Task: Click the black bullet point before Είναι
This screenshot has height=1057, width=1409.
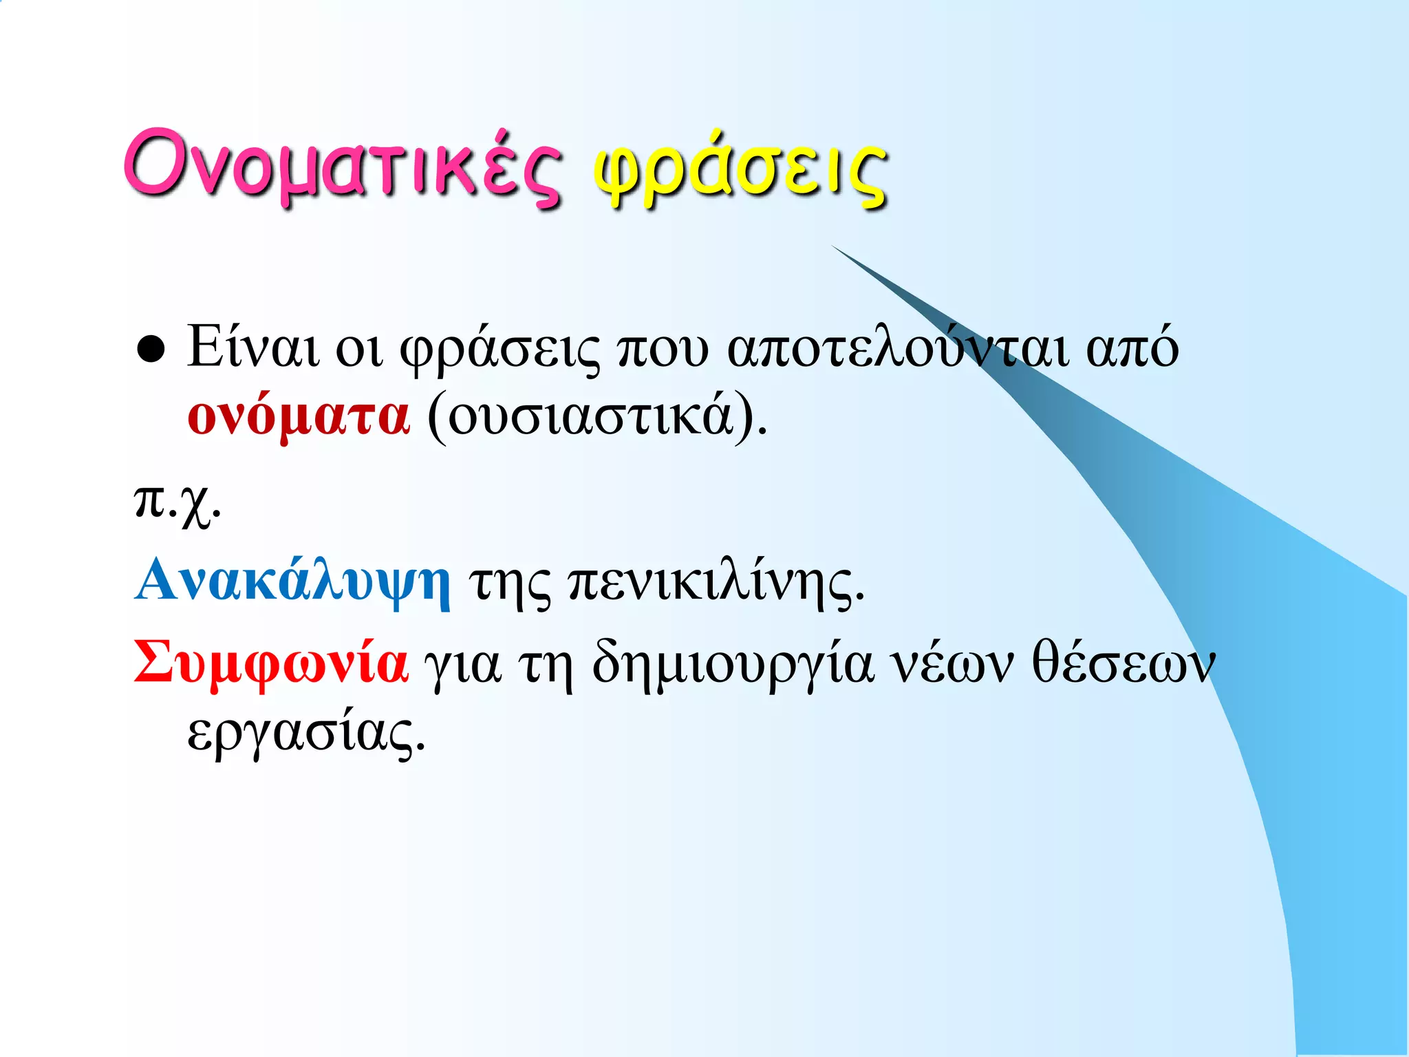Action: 151,350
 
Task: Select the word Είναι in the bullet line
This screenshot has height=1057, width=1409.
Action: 252,348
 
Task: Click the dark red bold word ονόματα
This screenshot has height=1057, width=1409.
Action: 299,417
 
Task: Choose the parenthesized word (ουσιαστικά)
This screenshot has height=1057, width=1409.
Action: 596,417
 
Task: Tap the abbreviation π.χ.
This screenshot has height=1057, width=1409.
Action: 177,504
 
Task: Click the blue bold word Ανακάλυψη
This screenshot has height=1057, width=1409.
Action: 293,582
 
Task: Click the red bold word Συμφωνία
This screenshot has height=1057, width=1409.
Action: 271,663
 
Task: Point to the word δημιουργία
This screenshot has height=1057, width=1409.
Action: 733,665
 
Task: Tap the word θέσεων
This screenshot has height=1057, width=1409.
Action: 1123,663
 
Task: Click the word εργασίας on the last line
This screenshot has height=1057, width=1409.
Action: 306,734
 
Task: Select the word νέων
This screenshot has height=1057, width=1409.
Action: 951,665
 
